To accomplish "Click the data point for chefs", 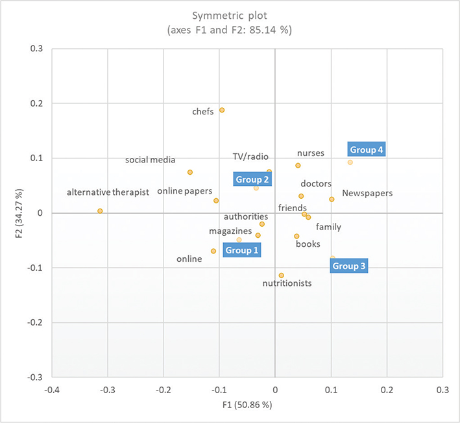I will tap(222, 110).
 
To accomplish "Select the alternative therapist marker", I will tap(100, 211).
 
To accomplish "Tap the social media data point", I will tap(190, 172).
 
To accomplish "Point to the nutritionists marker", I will tap(281, 276).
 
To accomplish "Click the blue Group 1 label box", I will tap(241, 250).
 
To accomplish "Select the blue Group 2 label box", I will tap(252, 179).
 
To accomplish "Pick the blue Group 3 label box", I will tap(349, 266).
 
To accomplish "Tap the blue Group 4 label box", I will tap(366, 150).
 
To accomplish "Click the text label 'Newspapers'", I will tap(367, 193).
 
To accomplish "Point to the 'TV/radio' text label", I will tap(250, 157).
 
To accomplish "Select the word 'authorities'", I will tap(246, 216).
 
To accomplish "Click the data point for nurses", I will tap(298, 166).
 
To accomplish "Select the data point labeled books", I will tap(297, 237).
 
